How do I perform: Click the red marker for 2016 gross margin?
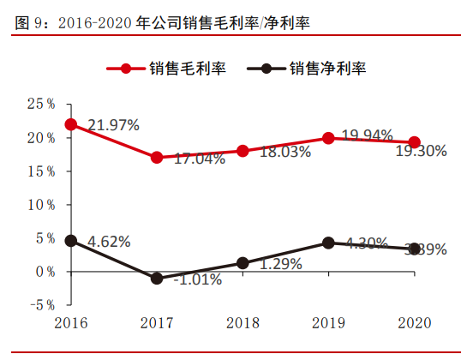click(x=70, y=124)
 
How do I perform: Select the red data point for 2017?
click(x=156, y=158)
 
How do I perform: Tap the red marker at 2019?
click(x=328, y=138)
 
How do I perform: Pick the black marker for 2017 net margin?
click(x=156, y=279)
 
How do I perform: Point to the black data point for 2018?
click(x=242, y=263)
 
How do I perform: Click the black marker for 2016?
click(x=70, y=241)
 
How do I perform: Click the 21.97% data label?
click(x=114, y=125)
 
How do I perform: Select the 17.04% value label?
click(x=199, y=159)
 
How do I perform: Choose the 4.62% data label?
click(x=109, y=242)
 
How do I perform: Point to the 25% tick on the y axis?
click(x=40, y=104)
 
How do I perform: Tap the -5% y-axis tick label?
click(x=40, y=304)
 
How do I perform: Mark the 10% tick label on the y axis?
click(x=40, y=205)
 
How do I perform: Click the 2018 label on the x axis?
click(x=242, y=322)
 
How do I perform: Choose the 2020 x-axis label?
click(x=415, y=322)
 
